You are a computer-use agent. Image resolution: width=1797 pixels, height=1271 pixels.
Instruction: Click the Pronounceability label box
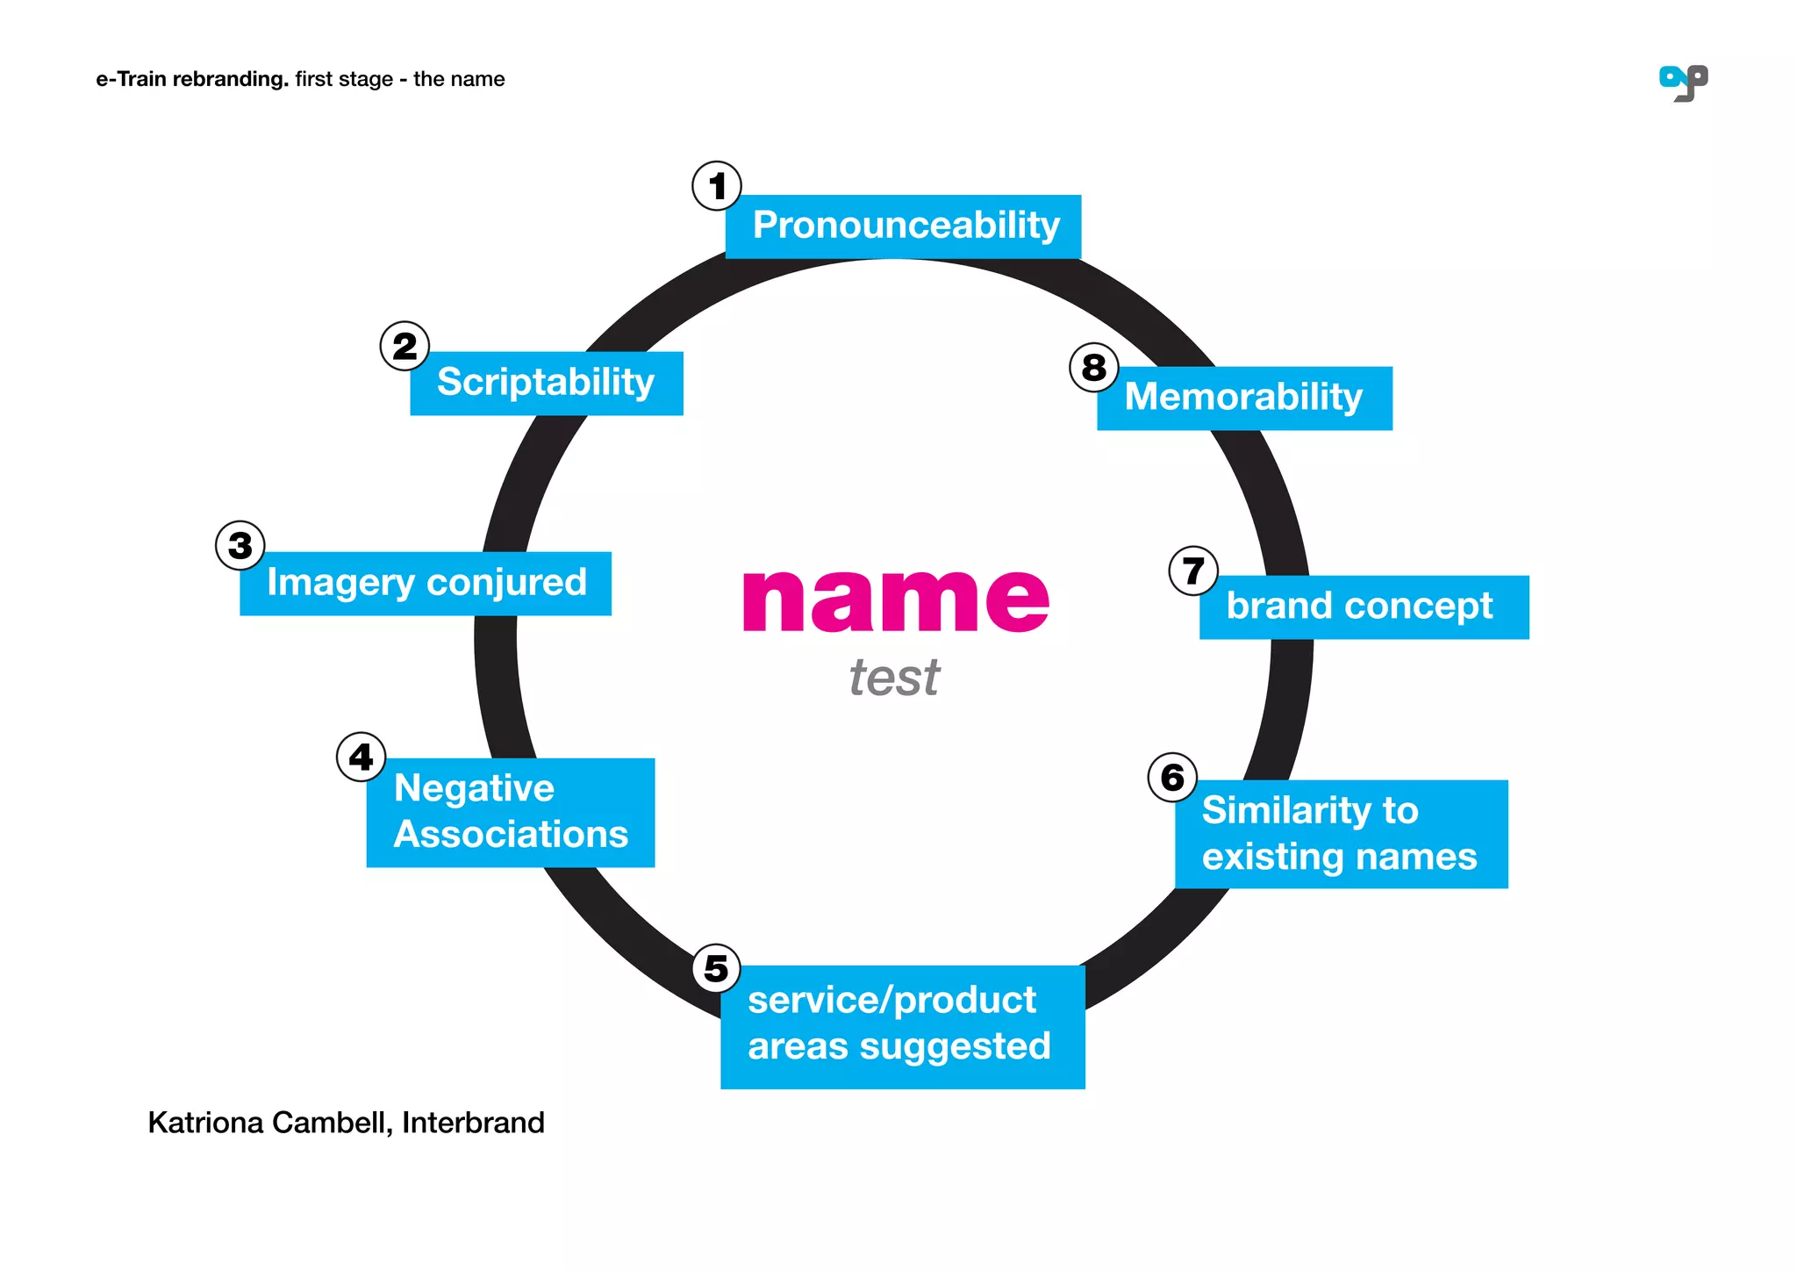[903, 226]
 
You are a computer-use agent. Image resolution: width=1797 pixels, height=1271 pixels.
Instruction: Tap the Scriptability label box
[546, 384]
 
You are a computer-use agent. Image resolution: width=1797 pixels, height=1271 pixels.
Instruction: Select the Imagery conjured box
[426, 584]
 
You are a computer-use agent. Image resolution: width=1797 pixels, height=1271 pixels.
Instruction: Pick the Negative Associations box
[511, 813]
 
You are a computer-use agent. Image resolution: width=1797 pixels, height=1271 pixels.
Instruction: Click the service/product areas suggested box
[902, 1026]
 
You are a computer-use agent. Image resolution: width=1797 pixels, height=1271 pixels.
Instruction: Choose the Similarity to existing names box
[1341, 834]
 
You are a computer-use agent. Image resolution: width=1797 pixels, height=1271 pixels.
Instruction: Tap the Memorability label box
[1244, 399]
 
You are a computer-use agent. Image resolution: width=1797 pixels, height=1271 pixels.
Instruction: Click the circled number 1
[717, 186]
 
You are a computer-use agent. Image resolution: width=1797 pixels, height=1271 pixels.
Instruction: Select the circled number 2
[405, 346]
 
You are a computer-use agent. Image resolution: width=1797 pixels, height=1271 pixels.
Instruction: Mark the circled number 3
[240, 546]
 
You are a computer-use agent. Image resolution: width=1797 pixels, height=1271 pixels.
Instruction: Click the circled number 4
[361, 757]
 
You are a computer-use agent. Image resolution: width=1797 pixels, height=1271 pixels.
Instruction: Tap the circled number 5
[716, 969]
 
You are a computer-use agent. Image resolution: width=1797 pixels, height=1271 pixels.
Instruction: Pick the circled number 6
[1172, 778]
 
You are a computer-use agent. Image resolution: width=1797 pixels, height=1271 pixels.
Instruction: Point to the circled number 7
[1193, 571]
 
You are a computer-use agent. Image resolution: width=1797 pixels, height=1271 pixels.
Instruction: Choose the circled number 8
[1093, 368]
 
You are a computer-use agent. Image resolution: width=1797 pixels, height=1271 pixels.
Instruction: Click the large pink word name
[895, 600]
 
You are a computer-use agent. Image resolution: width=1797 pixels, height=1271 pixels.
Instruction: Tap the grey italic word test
[894, 679]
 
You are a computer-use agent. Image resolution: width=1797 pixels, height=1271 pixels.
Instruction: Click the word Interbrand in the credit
[473, 1123]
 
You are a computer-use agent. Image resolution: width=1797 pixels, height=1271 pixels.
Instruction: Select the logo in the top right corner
[1683, 83]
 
